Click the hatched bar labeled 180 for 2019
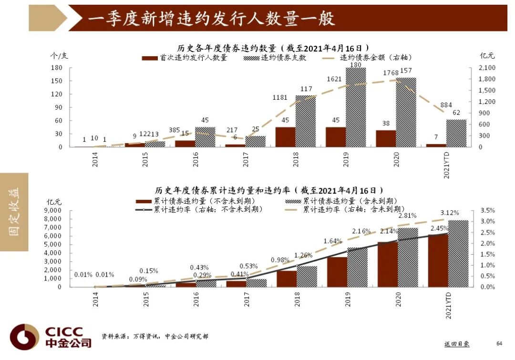pyautogui.click(x=356, y=107)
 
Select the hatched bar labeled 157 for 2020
pyautogui.click(x=406, y=112)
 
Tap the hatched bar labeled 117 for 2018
pyautogui.click(x=306, y=121)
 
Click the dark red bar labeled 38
pyautogui.click(x=386, y=138)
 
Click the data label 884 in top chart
pyautogui.click(x=433, y=105)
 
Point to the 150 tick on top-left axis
pyautogui.click(x=56, y=81)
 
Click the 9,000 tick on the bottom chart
pyautogui.click(x=53, y=210)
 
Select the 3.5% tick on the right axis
pyautogui.click(x=487, y=210)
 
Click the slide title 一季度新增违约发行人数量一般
pyautogui.click(x=212, y=18)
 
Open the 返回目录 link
pyautogui.click(x=457, y=343)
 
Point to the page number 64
pyautogui.click(x=499, y=343)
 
